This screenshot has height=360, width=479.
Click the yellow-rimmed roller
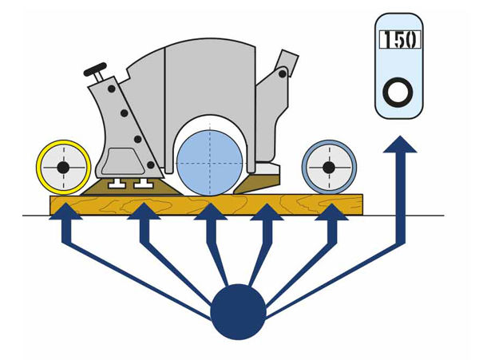[62, 168]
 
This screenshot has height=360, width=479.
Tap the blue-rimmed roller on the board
[327, 168]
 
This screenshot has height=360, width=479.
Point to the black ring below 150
[397, 93]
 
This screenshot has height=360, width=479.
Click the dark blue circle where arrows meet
[238, 311]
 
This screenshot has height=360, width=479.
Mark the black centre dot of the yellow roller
[62, 168]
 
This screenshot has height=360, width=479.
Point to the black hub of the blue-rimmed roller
[327, 168]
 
